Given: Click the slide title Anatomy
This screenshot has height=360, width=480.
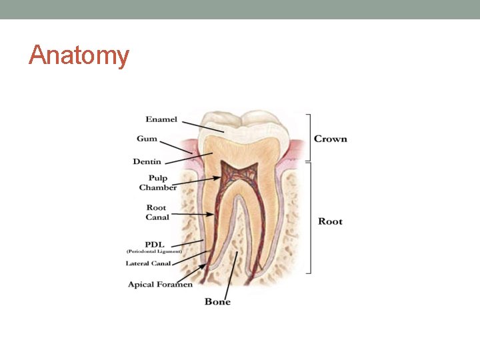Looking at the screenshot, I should click(79, 55).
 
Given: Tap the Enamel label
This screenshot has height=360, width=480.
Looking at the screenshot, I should click(161, 120).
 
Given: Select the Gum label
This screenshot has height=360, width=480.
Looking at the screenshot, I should click(147, 139).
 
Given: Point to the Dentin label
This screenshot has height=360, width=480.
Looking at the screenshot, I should click(147, 161).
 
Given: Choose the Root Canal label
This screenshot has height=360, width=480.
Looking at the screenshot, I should click(157, 212).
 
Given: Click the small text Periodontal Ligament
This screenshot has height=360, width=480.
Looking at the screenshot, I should click(154, 251).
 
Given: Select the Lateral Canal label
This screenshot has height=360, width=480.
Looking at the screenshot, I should click(148, 263).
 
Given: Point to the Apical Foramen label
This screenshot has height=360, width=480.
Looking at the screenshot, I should click(160, 285).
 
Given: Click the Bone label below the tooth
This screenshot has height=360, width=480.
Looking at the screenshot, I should click(217, 302).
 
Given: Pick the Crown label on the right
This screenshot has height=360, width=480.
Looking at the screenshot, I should click(331, 139).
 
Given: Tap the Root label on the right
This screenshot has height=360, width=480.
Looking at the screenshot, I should click(330, 221).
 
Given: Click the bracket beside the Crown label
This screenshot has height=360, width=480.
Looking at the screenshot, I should click(308, 137).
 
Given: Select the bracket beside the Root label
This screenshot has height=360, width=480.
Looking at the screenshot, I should click(308, 221).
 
